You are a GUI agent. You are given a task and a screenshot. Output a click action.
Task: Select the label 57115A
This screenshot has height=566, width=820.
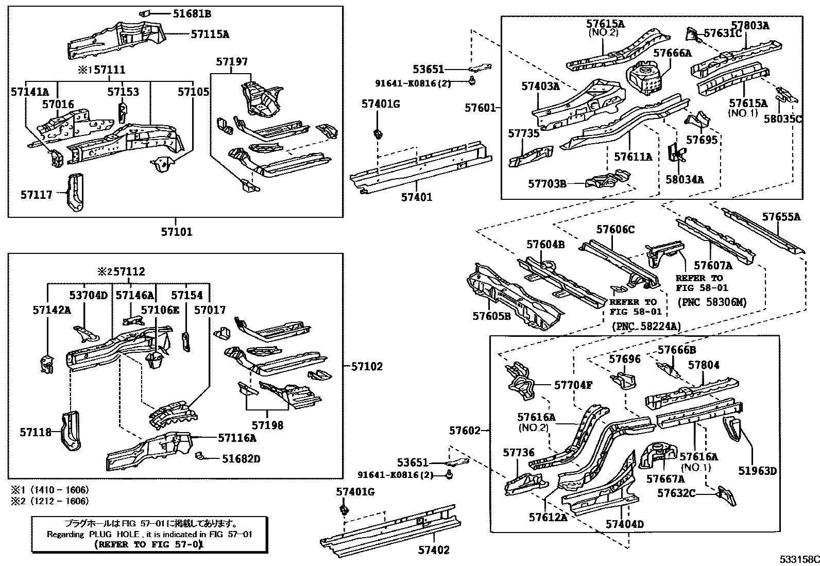pyautogui.click(x=210, y=35)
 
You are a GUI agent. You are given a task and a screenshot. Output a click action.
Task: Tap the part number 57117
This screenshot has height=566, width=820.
pyautogui.click(x=36, y=195)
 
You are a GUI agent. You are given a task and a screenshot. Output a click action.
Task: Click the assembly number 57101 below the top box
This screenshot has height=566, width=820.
pyautogui.click(x=176, y=232)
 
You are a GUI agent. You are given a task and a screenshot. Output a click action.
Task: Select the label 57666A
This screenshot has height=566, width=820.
pyautogui.click(x=672, y=53)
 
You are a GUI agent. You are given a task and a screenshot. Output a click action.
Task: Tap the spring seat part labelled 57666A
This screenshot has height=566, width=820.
pyautogui.click(x=645, y=77)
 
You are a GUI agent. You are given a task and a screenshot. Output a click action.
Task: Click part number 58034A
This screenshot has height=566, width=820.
pyautogui.click(x=684, y=179)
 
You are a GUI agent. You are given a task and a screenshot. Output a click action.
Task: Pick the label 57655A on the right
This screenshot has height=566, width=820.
pyautogui.click(x=781, y=217)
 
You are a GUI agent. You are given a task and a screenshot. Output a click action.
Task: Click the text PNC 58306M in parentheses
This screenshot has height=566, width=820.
pyautogui.click(x=712, y=302)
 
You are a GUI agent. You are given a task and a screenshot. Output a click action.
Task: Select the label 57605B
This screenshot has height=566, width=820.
pyautogui.click(x=491, y=316)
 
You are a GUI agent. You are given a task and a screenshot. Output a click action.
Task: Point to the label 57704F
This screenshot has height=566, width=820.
pyautogui.click(x=573, y=384)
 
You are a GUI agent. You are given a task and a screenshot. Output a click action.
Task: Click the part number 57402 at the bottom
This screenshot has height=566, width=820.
pyautogui.click(x=433, y=550)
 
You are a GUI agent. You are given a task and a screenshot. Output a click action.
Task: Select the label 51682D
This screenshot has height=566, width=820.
pyautogui.click(x=241, y=458)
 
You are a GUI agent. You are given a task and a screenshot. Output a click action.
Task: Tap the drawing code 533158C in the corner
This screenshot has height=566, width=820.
pyautogui.click(x=799, y=559)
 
